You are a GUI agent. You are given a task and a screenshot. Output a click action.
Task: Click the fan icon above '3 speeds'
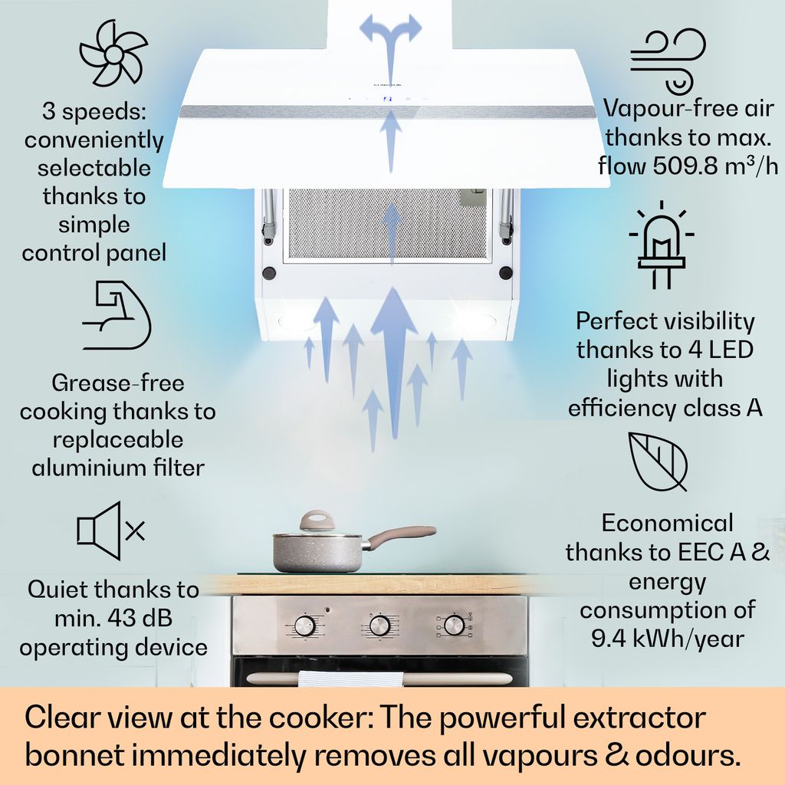(x=113, y=53)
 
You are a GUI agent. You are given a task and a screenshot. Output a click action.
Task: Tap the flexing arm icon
(x=117, y=315)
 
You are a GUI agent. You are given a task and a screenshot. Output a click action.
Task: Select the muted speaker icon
(x=110, y=530)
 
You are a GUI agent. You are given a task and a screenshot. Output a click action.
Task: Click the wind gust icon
(x=668, y=61)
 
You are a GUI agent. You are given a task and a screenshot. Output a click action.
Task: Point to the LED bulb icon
(x=662, y=245)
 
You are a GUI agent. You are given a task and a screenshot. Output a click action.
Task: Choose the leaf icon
(x=658, y=461)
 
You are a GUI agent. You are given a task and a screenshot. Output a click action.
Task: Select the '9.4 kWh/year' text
(x=668, y=639)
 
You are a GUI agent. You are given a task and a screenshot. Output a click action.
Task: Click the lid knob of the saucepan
(x=316, y=521)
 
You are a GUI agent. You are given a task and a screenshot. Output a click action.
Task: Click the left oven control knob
(x=304, y=626)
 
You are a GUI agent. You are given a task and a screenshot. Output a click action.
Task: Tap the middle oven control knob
(x=379, y=626)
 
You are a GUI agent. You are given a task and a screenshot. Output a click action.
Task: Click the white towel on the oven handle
(x=351, y=678)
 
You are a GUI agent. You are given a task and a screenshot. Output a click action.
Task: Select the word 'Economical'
(x=668, y=523)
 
